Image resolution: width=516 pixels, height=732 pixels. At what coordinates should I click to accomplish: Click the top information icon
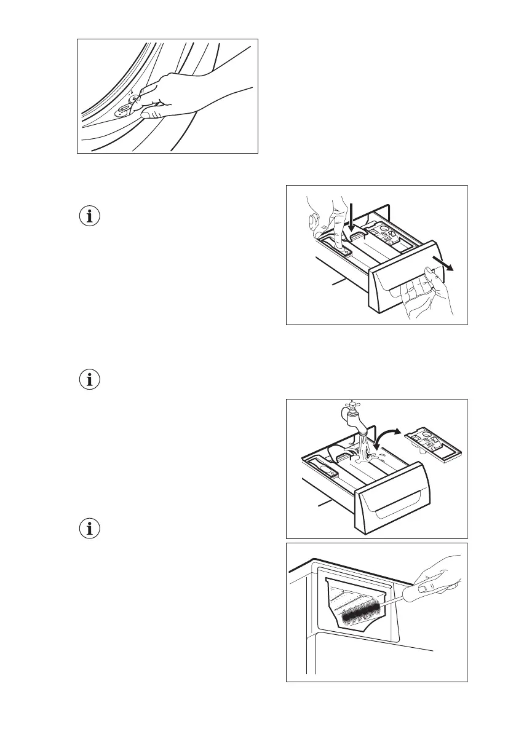click(90, 216)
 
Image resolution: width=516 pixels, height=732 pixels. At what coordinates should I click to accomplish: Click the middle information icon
click(90, 379)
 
